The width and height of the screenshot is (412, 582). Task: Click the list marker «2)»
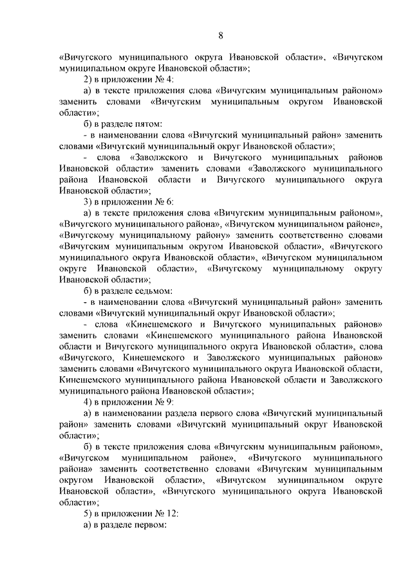(x=89, y=79)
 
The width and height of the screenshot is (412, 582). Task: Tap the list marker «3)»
(x=89, y=201)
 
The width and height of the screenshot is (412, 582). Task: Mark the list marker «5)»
(x=89, y=513)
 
